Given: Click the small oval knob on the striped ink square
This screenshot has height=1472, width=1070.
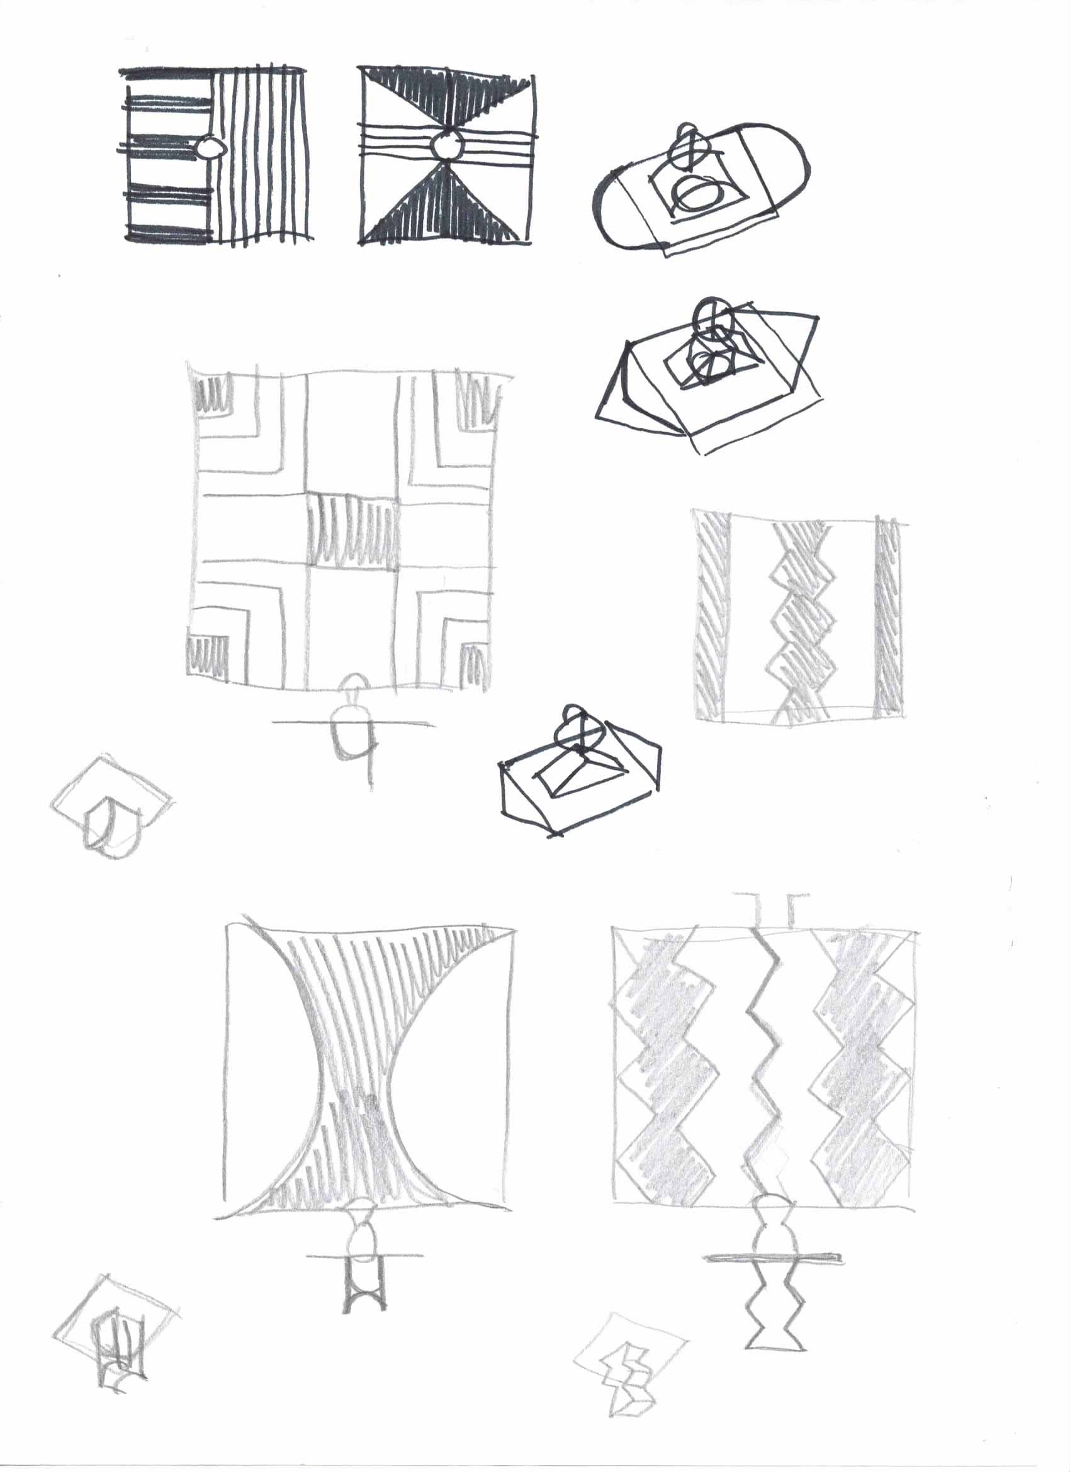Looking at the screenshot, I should [x=209, y=148].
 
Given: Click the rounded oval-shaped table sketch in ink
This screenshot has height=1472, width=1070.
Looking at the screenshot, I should [x=701, y=187].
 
